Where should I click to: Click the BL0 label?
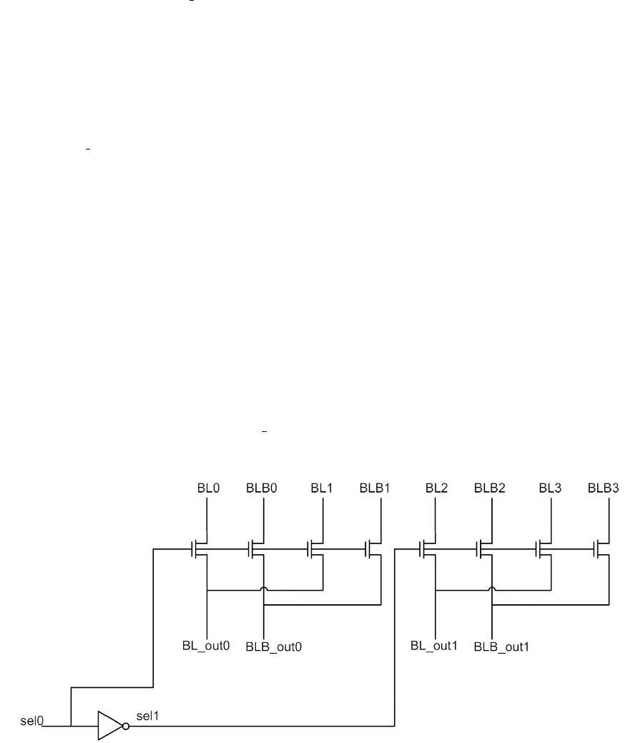207,489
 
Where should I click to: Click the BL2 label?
436,489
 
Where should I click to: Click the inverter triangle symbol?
109,726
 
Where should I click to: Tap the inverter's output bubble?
127,726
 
